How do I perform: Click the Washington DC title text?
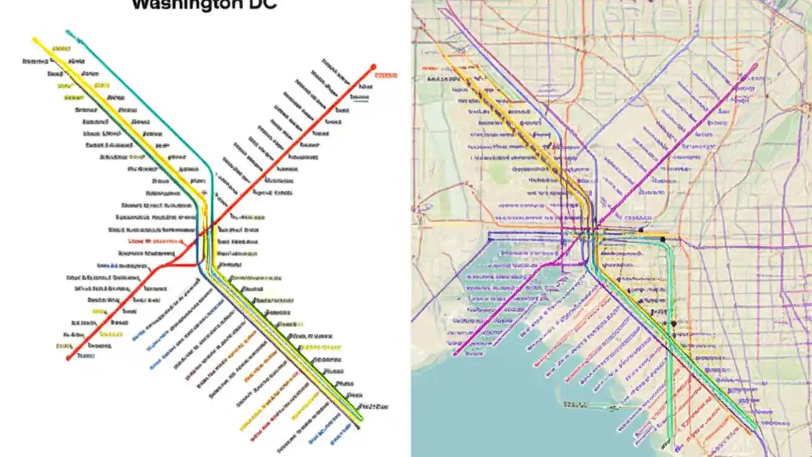(204, 5)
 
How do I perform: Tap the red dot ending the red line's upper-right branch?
(374, 67)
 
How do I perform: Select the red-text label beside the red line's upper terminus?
(386, 76)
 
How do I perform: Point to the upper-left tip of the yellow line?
(36, 40)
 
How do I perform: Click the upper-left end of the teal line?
(68, 32)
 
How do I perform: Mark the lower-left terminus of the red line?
(69, 359)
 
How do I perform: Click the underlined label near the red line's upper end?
(360, 97)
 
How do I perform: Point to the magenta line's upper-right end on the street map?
(755, 65)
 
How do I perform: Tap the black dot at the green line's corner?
(663, 239)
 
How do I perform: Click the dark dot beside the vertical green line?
(674, 324)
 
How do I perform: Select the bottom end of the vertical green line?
(671, 438)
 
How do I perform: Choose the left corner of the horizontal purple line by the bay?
(490, 240)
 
